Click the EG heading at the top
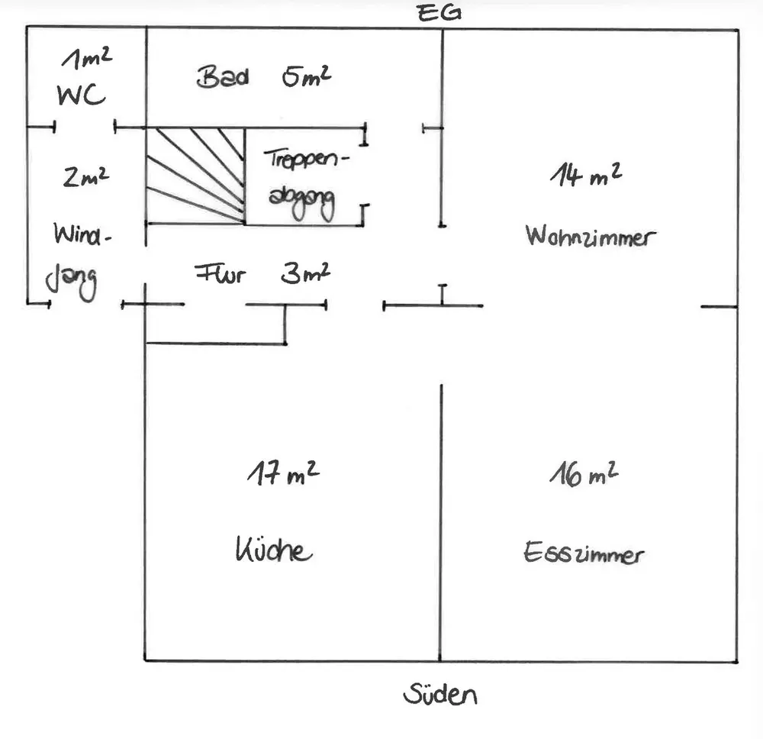[x=439, y=13]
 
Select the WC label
[x=81, y=95]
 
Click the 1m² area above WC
[x=87, y=58]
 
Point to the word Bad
[x=223, y=77]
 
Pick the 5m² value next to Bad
[x=307, y=76]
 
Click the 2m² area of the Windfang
[x=86, y=176]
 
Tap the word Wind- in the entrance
[x=82, y=234]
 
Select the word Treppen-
[x=307, y=160]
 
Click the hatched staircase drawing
[x=195, y=176]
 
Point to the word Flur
[x=220, y=274]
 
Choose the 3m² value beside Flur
[x=306, y=273]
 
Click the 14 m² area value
[x=586, y=175]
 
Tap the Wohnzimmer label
[x=591, y=237]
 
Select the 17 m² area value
[x=283, y=473]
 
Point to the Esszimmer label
[x=584, y=553]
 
